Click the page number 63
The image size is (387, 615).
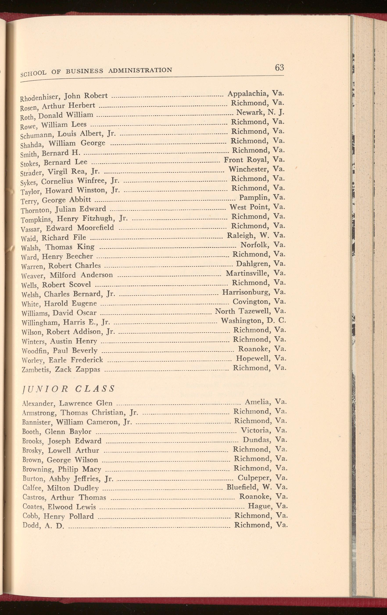click(279, 67)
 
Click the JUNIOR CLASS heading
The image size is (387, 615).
click(68, 389)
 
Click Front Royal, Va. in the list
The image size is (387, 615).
click(254, 160)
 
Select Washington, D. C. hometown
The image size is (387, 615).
click(253, 320)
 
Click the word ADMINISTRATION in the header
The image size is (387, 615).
click(140, 70)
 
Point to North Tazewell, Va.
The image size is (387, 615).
click(250, 311)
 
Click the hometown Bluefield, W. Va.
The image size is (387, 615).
click(257, 487)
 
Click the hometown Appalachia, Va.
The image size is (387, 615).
click(256, 94)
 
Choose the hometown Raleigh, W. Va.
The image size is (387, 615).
click(256, 235)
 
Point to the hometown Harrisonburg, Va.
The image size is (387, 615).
click(254, 292)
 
